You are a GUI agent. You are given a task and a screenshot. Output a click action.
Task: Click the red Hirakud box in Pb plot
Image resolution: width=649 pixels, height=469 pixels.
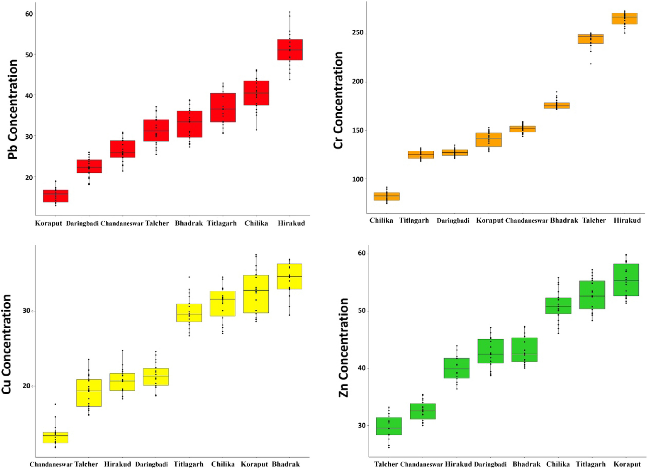point(290,50)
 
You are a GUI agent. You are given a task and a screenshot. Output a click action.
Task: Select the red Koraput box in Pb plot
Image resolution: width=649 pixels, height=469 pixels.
point(56,196)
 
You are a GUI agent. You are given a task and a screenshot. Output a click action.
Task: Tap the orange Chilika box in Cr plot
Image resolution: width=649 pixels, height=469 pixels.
point(386,196)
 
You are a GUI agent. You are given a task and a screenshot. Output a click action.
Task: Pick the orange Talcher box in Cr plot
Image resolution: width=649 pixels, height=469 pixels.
point(590,39)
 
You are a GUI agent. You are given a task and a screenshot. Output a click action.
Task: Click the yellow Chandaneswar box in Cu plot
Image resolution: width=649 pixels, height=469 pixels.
point(55,437)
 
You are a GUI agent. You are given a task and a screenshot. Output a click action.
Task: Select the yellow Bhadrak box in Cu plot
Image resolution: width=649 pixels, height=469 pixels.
point(289,276)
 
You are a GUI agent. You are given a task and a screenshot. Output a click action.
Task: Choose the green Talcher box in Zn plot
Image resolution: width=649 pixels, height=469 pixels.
point(389,426)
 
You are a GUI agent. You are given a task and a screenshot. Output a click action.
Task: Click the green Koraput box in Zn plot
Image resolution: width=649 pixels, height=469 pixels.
point(626,279)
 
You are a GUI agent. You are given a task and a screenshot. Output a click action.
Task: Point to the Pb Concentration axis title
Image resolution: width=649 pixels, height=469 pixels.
point(13,109)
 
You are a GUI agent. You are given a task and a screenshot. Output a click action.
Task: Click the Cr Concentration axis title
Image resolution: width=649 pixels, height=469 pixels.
point(338,100)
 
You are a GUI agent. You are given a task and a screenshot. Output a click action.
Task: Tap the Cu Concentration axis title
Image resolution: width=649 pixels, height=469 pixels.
point(7,344)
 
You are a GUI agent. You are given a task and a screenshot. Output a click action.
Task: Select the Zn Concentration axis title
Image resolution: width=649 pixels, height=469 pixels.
point(343,347)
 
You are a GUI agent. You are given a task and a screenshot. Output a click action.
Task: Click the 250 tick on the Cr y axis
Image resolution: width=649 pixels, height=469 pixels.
point(358,33)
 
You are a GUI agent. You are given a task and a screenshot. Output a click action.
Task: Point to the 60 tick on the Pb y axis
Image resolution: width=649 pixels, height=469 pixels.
point(29,14)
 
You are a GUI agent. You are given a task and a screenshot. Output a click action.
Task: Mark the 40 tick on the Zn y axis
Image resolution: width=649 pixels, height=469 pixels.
point(362,368)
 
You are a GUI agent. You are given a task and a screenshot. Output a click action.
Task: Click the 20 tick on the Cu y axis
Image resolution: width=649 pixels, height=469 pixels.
point(26,386)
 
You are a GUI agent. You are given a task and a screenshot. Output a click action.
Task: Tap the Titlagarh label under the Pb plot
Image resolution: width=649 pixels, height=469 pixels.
point(222,223)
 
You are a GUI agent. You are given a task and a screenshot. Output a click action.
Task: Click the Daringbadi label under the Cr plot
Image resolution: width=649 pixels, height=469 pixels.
point(453,221)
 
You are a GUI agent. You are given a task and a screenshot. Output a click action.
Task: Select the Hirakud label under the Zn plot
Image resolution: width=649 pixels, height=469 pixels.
point(458,464)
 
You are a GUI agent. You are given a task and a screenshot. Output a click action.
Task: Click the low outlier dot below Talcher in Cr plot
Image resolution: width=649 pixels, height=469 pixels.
point(590,64)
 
